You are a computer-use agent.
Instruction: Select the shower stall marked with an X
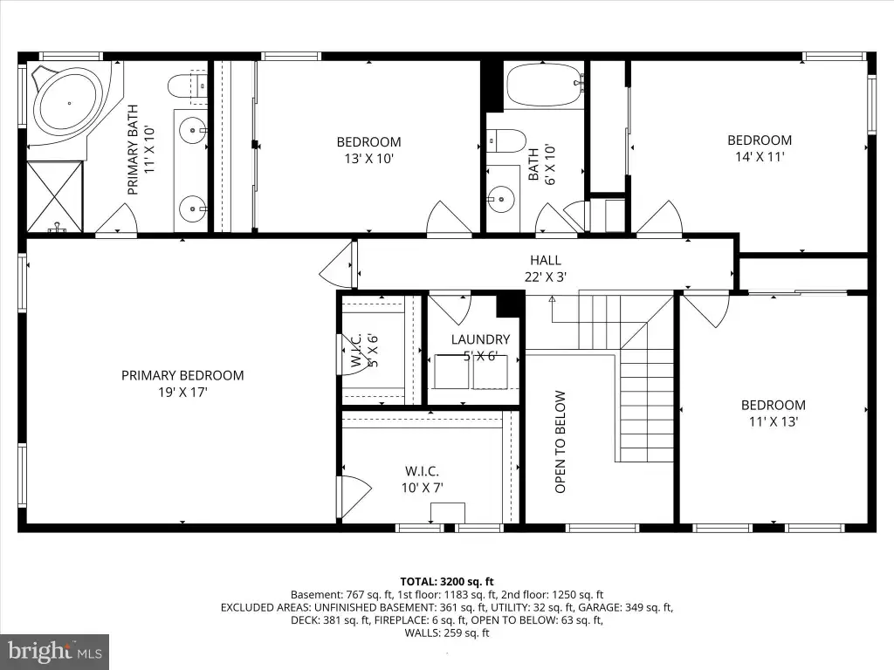click(55, 196)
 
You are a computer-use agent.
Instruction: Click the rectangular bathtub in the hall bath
click(545, 85)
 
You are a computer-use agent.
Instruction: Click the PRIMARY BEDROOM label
click(182, 375)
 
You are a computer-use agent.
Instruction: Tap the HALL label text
click(546, 260)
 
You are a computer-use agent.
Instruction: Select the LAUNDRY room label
click(481, 339)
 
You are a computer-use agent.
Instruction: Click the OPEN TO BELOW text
click(560, 441)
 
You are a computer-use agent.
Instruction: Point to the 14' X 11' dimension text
click(760, 157)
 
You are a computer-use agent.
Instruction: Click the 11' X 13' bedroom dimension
click(774, 421)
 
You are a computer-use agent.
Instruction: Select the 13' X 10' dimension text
click(369, 159)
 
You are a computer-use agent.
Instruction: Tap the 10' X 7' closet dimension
click(422, 488)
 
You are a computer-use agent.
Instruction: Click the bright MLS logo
click(55, 652)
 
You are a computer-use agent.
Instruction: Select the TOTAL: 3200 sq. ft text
click(447, 582)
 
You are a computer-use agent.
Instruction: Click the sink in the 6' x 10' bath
click(502, 199)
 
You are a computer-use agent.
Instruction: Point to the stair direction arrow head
click(552, 298)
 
